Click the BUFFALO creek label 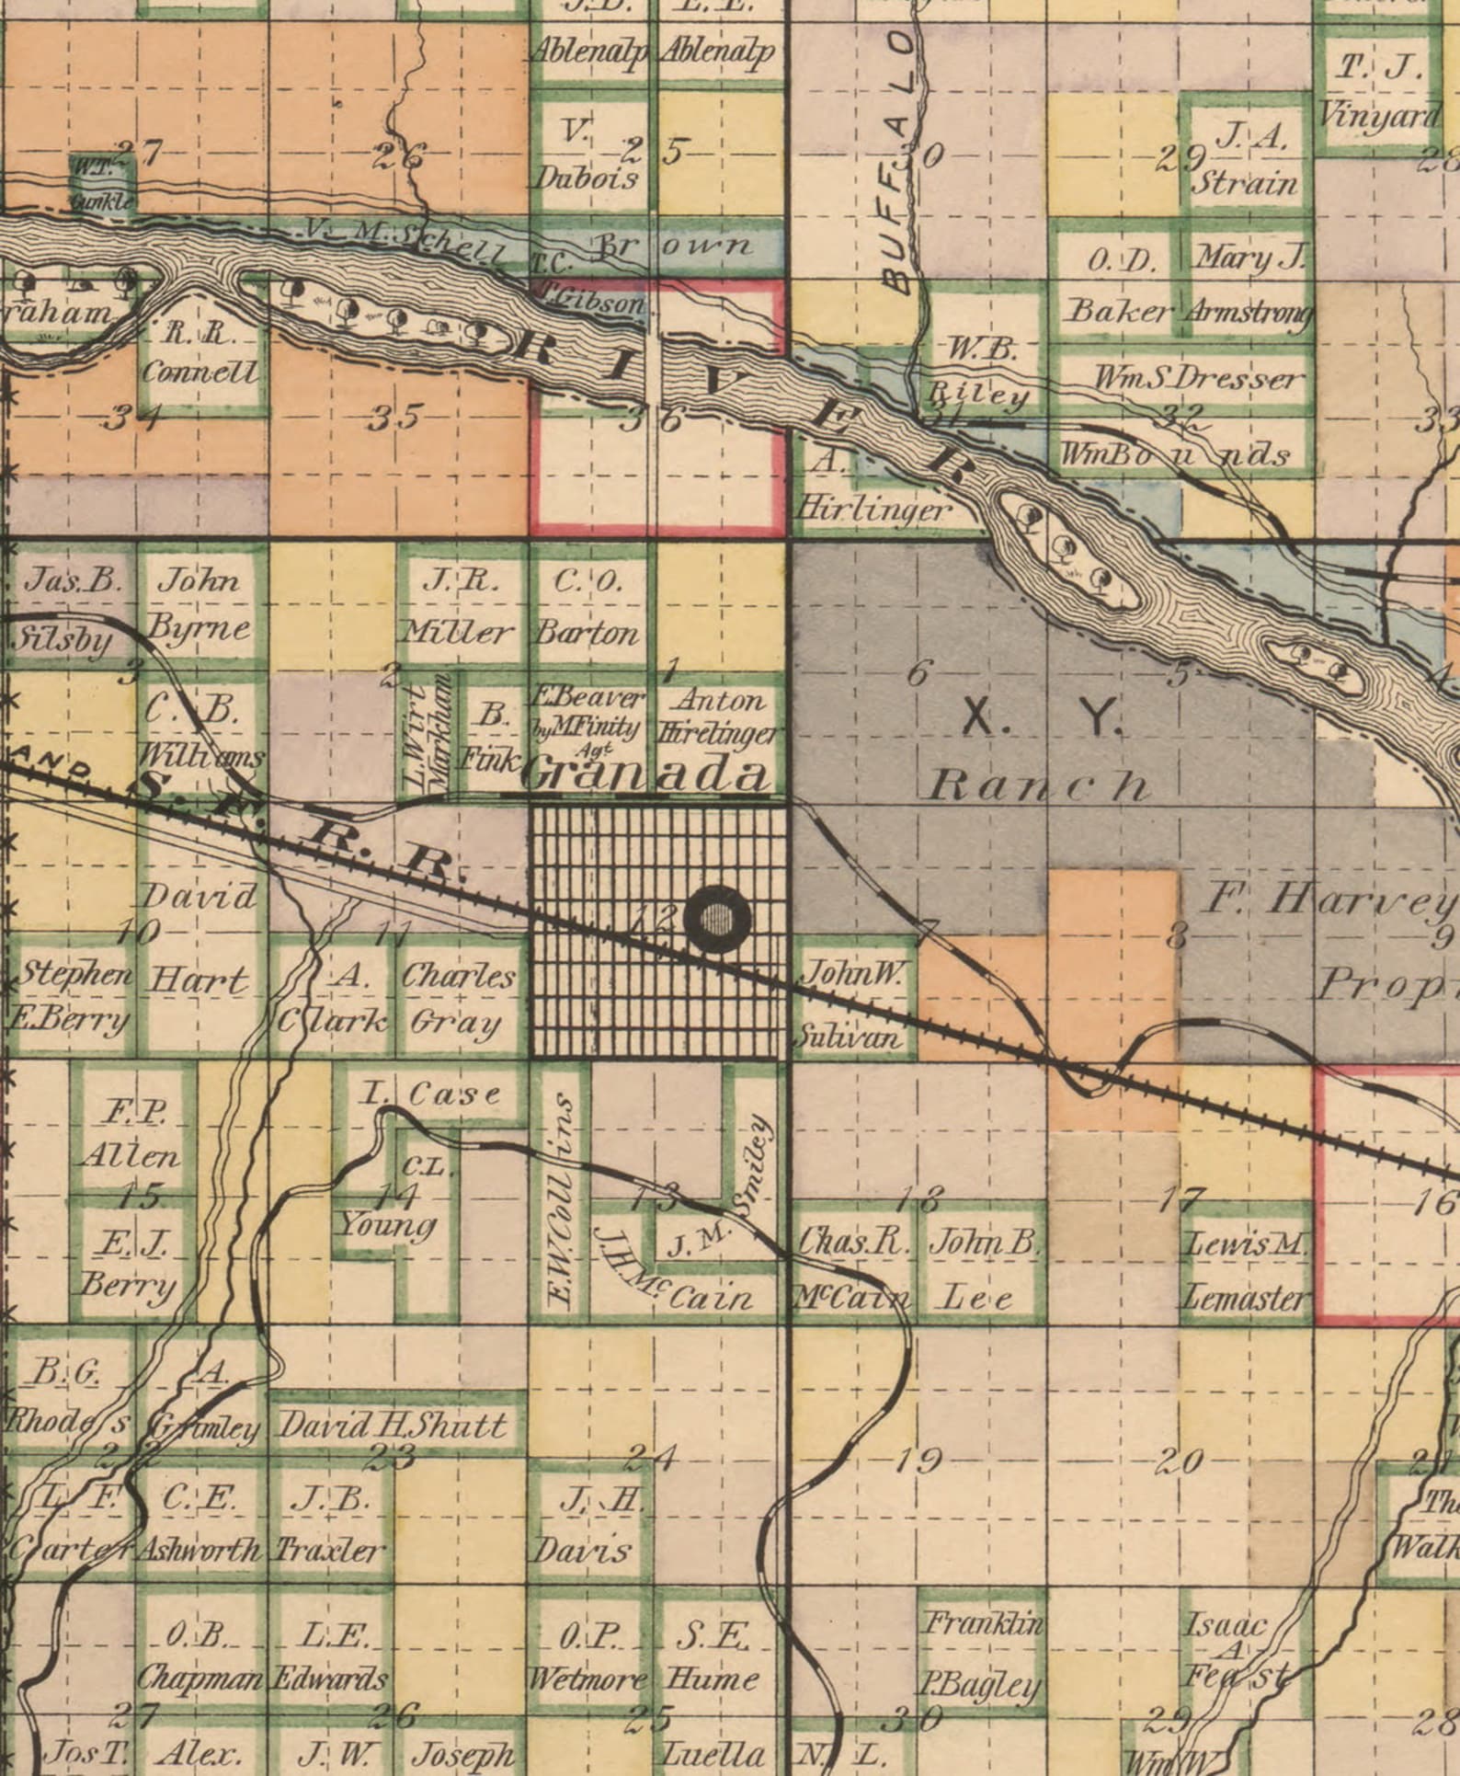click(900, 166)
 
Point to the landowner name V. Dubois click(587, 155)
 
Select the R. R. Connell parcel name click(200, 353)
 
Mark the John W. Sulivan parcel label click(854, 1005)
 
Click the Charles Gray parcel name click(458, 999)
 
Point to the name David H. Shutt click(393, 1426)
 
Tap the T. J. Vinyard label click(1378, 92)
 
